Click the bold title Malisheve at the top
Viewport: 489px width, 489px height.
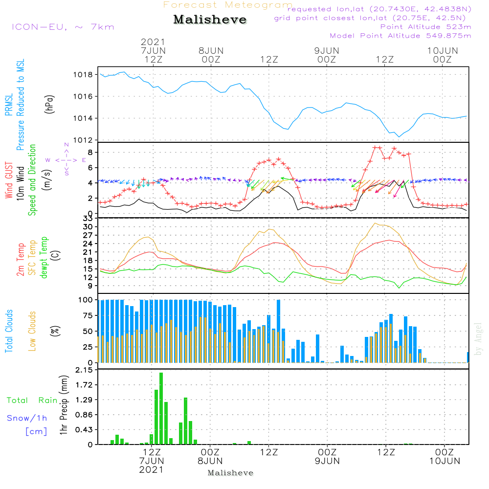pyautogui.click(x=210, y=20)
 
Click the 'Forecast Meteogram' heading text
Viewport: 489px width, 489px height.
pyautogui.click(x=228, y=5)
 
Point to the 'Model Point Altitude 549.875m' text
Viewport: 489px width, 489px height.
pyautogui.click(x=400, y=36)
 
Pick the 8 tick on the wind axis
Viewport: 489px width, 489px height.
pyautogui.click(x=90, y=152)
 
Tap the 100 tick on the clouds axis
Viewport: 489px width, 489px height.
pyautogui.click(x=86, y=300)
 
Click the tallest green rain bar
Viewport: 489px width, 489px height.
pyautogui.click(x=161, y=408)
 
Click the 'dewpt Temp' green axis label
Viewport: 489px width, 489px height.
pyautogui.click(x=44, y=258)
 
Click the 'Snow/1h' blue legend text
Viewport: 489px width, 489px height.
pyautogui.click(x=27, y=418)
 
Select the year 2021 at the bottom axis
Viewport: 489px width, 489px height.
pyautogui.click(x=152, y=470)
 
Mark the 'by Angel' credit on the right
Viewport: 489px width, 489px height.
pyautogui.click(x=478, y=339)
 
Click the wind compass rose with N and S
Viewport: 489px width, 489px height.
pyautogui.click(x=66, y=159)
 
